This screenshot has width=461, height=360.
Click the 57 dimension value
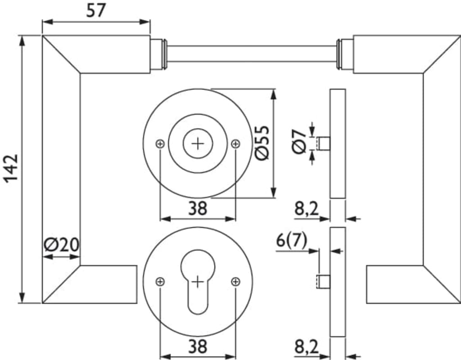[x=95, y=10]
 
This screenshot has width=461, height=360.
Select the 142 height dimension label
[x=10, y=169]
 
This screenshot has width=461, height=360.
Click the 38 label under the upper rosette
[x=198, y=208]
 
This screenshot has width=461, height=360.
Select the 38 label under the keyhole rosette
[x=198, y=346]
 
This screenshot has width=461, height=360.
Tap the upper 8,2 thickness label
[x=307, y=208]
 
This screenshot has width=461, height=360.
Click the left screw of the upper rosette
[x=160, y=144]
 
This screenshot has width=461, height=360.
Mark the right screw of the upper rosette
[x=235, y=144]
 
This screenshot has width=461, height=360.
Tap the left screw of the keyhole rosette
[x=160, y=282]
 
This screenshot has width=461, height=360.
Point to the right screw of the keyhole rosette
[x=235, y=282]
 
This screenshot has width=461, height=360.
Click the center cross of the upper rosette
[x=198, y=144]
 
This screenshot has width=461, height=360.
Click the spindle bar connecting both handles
[x=252, y=54]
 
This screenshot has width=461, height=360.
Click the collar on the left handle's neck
[x=157, y=54]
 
